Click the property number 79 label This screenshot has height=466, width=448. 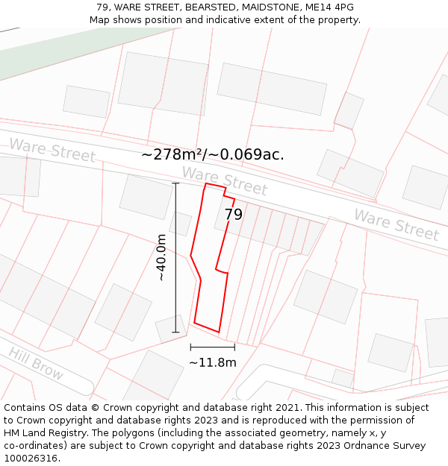234,215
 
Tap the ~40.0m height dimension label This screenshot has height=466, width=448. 161,257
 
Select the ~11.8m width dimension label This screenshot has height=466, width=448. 212,363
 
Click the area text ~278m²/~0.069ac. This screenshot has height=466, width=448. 213,155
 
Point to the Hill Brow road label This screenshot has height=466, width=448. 36,364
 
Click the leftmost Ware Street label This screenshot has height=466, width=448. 52,150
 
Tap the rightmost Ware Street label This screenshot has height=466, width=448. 396,224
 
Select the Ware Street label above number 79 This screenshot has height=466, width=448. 224,180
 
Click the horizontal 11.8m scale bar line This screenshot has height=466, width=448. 212,347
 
